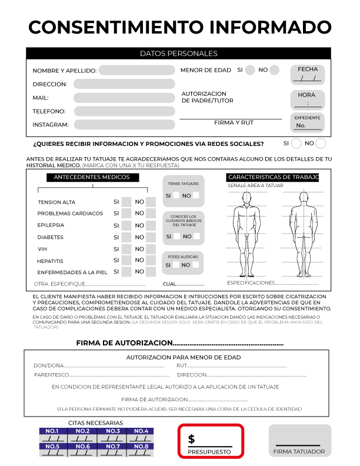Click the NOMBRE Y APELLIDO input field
[136, 71]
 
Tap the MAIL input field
[124, 98]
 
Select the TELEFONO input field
[124, 111]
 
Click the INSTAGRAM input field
[124, 125]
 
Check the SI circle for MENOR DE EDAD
[250, 70]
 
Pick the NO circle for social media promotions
[321, 144]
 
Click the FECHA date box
[308, 75]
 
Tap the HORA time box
[308, 99]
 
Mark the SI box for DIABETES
[126, 237]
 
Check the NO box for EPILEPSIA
[151, 225]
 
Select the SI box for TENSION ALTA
[126, 202]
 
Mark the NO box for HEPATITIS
[151, 260]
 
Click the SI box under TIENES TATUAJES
[176, 195]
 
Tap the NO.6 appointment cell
[82, 450]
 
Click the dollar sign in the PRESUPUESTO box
[192, 440]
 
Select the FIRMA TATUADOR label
[299, 452]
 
